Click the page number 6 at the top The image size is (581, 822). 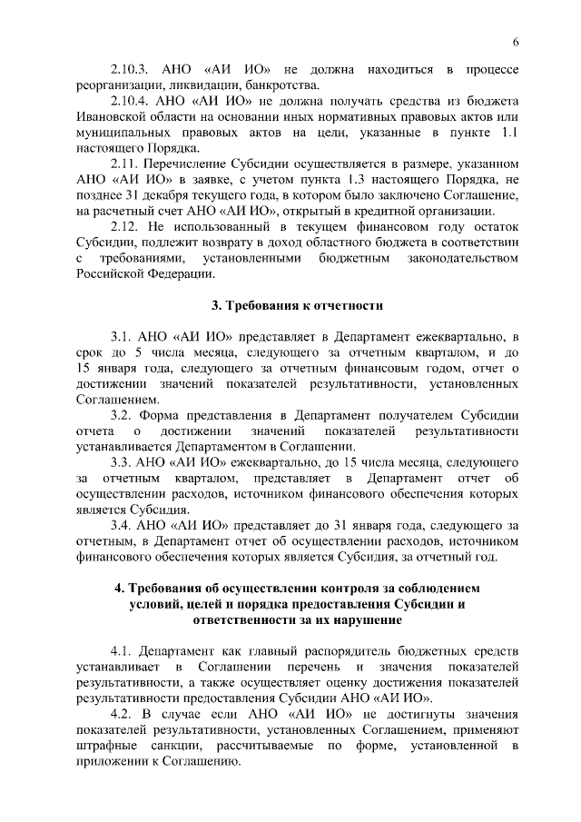click(x=515, y=44)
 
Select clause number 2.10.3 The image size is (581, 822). click(x=130, y=69)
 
